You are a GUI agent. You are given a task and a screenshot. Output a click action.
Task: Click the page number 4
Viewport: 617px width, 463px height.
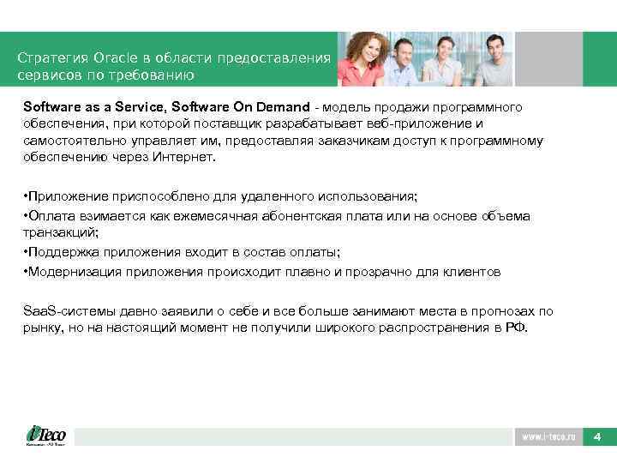(x=597, y=437)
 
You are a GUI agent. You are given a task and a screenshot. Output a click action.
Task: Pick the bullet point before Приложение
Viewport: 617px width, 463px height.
(x=26, y=196)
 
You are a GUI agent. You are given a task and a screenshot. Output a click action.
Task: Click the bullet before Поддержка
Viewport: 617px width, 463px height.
(x=26, y=253)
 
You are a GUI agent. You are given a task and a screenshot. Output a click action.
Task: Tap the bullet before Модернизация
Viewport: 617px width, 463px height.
(x=26, y=273)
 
